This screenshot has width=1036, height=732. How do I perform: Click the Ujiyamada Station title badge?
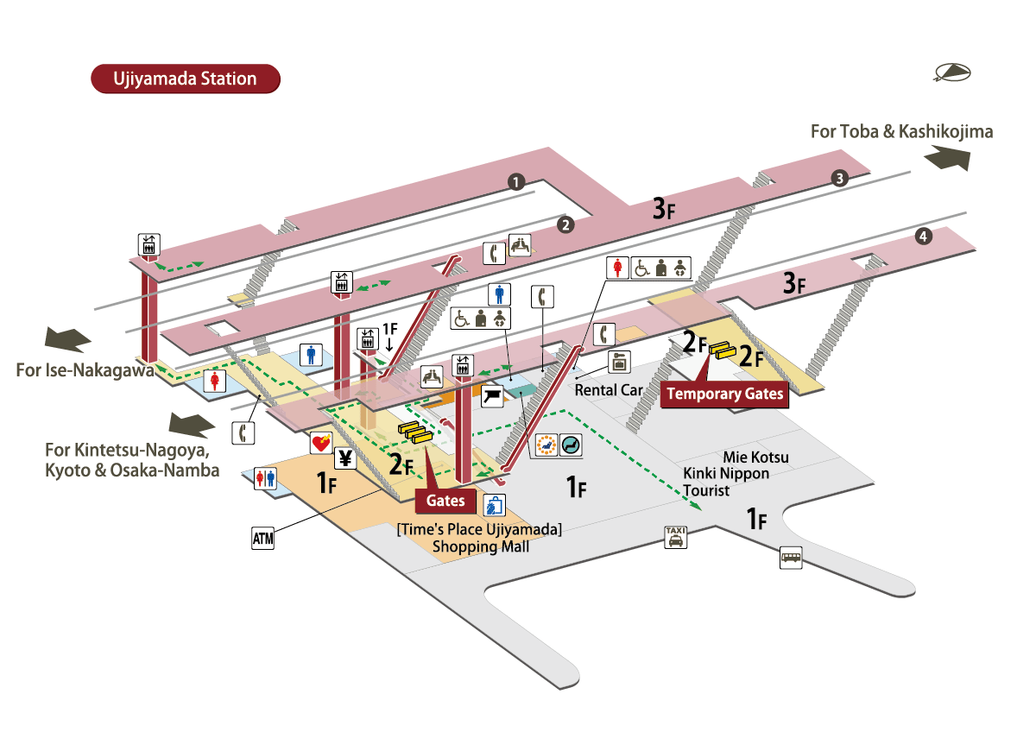(x=186, y=79)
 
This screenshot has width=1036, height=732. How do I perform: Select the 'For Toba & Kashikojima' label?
(x=901, y=132)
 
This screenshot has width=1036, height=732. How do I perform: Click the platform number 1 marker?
(x=515, y=181)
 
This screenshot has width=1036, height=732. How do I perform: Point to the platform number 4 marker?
(x=924, y=236)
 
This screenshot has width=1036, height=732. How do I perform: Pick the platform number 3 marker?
(x=839, y=179)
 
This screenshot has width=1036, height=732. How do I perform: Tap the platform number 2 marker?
(x=565, y=225)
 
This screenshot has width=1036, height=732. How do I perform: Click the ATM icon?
(x=262, y=540)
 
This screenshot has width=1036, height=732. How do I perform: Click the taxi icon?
(x=675, y=537)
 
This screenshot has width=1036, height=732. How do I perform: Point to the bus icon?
(x=790, y=557)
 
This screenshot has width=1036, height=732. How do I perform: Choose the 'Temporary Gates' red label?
(x=725, y=394)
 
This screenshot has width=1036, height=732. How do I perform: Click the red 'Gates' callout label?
(x=445, y=500)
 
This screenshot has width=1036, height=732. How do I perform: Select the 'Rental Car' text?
(x=609, y=389)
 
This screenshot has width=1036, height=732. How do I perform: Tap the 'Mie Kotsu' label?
(x=755, y=457)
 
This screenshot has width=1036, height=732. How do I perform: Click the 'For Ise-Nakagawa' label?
(x=85, y=370)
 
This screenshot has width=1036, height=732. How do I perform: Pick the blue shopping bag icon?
(x=494, y=504)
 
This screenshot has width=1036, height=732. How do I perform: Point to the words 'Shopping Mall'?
(x=480, y=546)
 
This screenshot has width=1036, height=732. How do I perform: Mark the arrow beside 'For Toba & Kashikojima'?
(x=947, y=160)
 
